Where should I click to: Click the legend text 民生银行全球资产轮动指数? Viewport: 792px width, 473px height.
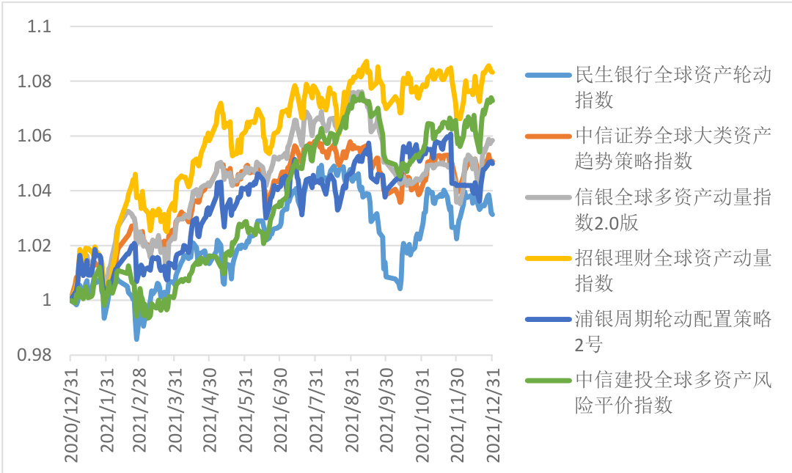672,87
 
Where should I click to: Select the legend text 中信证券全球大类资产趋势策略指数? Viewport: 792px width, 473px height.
672,147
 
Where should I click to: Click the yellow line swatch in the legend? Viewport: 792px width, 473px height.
548,258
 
